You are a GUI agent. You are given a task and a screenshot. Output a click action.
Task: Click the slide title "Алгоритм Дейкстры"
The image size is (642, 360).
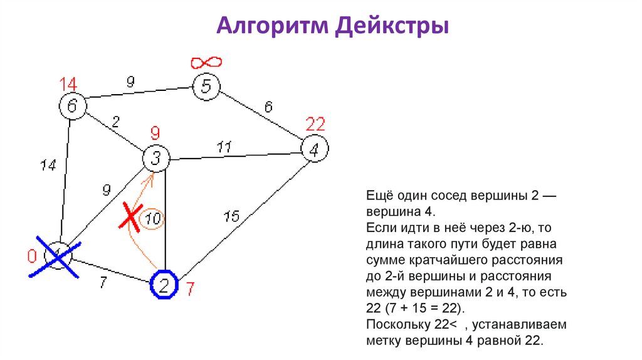(x=332, y=27)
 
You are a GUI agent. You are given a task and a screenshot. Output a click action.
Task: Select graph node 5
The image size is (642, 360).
(x=206, y=86)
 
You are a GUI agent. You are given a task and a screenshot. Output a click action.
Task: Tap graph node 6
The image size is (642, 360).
(x=73, y=105)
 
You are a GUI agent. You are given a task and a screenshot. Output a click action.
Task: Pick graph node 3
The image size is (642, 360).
(x=156, y=159)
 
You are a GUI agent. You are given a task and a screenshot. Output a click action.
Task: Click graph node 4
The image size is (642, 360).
(x=315, y=149)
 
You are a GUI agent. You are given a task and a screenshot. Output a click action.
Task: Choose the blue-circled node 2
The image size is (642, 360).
(x=164, y=285)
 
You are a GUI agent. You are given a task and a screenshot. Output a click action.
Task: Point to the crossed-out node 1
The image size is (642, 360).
(x=58, y=256)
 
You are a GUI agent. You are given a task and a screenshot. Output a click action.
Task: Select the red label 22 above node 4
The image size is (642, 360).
(x=315, y=123)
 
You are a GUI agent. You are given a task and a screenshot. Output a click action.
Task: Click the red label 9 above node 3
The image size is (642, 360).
(x=155, y=133)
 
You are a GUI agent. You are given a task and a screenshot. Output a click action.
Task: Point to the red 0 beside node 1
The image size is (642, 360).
(x=31, y=256)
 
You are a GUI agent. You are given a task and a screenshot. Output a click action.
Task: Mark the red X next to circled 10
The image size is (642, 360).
(x=130, y=218)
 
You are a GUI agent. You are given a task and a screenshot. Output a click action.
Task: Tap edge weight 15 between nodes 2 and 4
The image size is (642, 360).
(x=231, y=216)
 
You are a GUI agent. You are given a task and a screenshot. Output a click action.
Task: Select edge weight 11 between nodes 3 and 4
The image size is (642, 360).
(x=224, y=147)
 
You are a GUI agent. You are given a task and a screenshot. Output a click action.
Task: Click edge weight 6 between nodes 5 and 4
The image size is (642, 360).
(x=268, y=107)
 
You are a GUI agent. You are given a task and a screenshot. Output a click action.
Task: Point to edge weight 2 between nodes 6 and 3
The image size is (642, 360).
(x=115, y=122)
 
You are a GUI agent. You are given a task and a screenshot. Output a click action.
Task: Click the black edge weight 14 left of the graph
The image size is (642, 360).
(x=48, y=166)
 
